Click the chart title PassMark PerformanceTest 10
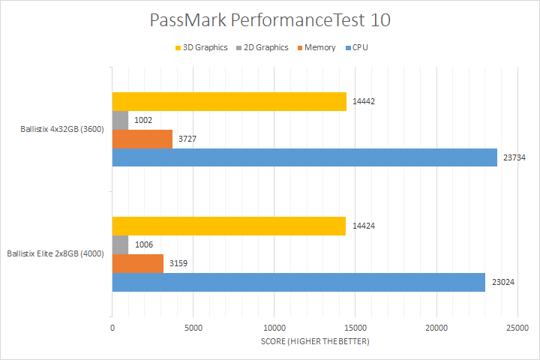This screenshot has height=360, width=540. pos(269,20)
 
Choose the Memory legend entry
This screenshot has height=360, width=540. pos(315,47)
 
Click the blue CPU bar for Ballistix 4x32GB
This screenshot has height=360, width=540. pos(304,157)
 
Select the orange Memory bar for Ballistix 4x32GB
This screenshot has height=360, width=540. pos(142,139)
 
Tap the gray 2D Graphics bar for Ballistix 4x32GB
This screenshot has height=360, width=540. pos(121,120)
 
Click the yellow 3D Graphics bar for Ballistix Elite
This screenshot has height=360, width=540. pos(229,226)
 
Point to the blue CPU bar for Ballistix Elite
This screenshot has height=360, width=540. pos(298,282)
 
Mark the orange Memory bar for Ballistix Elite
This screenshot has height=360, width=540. pos(138,263)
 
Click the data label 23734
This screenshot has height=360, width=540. pos(514,157)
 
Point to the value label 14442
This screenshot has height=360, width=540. pos(364,101)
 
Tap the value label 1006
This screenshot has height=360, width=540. pos(144,244)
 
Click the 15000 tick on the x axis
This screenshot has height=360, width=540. pos(355,328)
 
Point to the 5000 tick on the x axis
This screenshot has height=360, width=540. pos(193,328)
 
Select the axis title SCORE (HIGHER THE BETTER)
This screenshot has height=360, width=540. pos(315,342)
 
